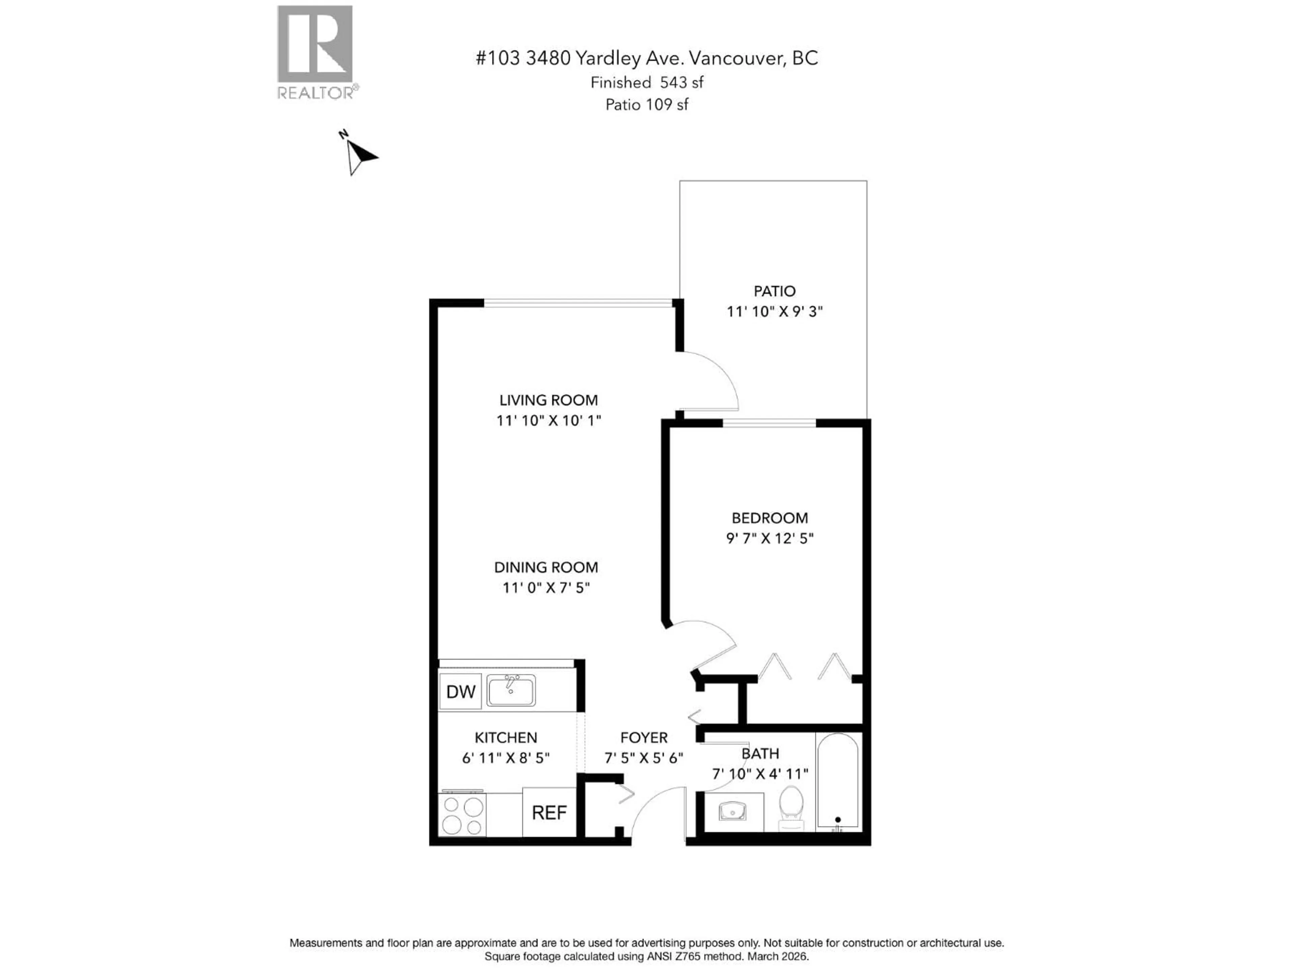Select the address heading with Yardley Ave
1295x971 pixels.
click(646, 58)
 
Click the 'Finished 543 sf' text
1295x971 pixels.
click(646, 83)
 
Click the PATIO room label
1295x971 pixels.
click(774, 291)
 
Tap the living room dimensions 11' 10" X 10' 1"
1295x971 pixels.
click(549, 420)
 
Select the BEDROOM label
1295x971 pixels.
click(769, 518)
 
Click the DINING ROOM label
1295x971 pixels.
click(546, 567)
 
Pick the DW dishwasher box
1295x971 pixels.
click(460, 692)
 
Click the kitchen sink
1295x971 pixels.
click(511, 690)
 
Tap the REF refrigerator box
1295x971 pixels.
click(549, 813)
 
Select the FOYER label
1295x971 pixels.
click(643, 737)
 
